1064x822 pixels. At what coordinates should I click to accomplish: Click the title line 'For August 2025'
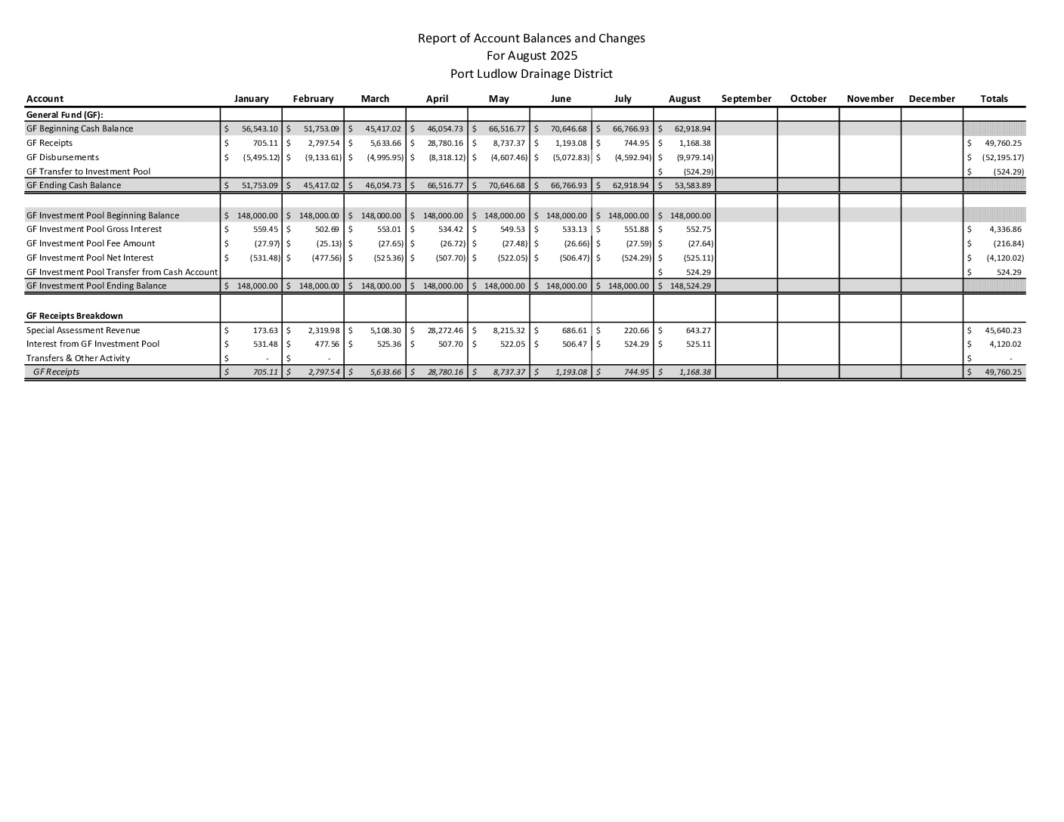pos(531,56)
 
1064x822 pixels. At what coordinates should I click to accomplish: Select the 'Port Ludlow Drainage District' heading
pos(531,74)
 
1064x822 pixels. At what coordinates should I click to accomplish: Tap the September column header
pos(746,99)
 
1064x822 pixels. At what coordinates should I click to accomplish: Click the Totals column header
pos(994,99)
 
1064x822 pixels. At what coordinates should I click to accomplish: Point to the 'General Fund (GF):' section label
pos(64,115)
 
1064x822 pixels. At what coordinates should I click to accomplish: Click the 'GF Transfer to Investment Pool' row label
pos(88,172)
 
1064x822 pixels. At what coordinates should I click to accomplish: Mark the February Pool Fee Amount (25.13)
pos(329,243)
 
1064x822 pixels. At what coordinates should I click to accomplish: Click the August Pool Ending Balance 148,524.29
pos(690,286)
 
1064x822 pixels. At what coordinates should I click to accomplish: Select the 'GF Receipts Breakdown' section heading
pos(74,316)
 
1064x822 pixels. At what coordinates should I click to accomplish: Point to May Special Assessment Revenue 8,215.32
pos(507,330)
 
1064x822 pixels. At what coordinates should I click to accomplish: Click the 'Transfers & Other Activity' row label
pos(78,358)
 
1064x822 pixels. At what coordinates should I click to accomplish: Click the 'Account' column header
pos(45,99)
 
